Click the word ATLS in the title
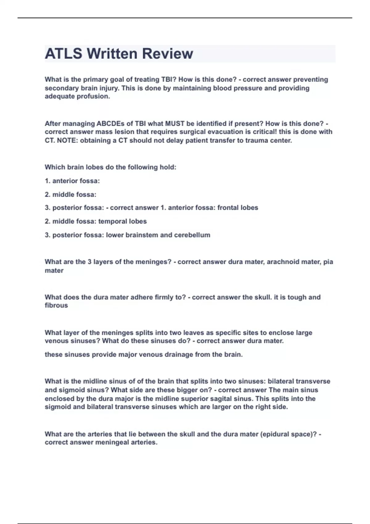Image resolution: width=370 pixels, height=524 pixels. pos(64,54)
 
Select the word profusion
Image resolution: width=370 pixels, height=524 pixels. pos(95,96)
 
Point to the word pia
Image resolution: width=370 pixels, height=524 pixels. pos(328,262)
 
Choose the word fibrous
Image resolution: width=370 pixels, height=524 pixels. pos(56,305)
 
